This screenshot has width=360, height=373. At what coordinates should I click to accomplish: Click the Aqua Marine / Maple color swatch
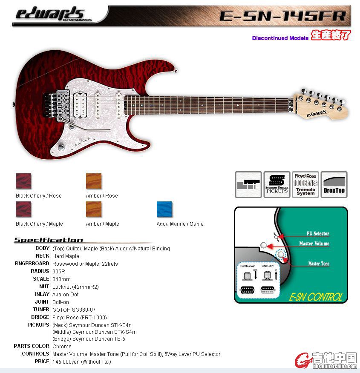tap(164, 209)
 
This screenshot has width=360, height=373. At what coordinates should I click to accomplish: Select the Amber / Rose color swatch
tap(94, 181)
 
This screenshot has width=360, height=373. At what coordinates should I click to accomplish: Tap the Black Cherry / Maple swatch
tap(23, 209)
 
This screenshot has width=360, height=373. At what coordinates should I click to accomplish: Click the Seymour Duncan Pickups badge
tap(277, 184)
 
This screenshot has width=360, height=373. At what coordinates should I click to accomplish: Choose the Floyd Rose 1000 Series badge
tap(305, 184)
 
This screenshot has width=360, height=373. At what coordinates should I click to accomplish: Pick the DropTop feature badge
tap(334, 184)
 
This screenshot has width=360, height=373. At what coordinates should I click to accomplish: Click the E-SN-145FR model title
tap(282, 16)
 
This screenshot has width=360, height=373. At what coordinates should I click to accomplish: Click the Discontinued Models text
tap(280, 38)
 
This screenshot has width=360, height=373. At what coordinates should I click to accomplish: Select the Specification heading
tap(48, 240)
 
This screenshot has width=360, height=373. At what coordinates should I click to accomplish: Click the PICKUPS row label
tap(38, 325)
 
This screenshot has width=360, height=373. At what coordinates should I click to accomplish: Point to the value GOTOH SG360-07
tap(74, 310)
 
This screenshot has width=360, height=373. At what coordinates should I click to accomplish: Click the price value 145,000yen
tap(81, 362)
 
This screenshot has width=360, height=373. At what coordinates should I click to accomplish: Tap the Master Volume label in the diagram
tap(314, 244)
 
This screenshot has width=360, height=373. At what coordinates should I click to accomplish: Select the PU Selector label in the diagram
tap(318, 233)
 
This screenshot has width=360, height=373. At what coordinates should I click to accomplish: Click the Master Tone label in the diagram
tap(319, 264)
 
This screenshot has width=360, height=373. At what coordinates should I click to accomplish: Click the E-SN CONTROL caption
tap(315, 297)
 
